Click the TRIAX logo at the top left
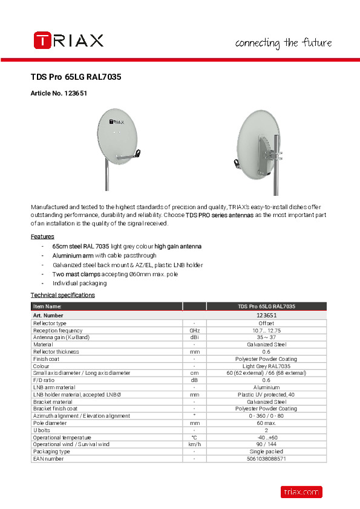(x=68, y=41)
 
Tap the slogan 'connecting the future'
(x=283, y=43)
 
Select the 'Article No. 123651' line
(x=59, y=94)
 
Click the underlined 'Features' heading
(x=42, y=236)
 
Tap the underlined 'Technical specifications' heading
(x=63, y=295)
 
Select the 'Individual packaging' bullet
(x=79, y=283)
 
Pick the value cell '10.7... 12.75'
(x=266, y=331)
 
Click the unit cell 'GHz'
(x=194, y=331)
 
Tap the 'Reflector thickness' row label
(x=56, y=352)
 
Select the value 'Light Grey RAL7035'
(x=266, y=366)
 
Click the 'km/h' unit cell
(x=194, y=444)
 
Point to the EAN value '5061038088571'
(x=266, y=459)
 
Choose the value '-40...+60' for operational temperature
(x=266, y=437)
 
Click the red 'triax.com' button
(x=301, y=492)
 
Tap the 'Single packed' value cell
(x=266, y=452)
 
